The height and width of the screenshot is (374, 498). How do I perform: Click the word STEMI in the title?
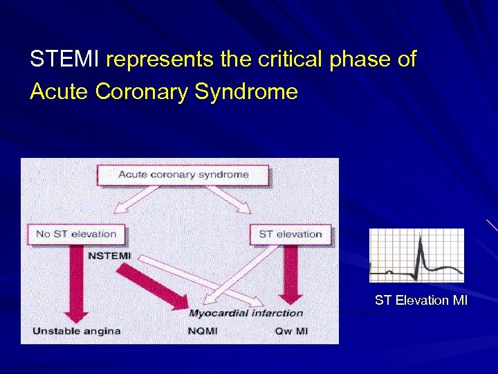[65, 60]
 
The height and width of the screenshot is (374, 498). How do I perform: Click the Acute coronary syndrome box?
[183, 175]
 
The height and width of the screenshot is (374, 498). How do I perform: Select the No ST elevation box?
[76, 234]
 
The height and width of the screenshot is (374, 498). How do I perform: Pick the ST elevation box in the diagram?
[290, 234]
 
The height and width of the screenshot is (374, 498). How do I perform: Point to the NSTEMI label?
[109, 256]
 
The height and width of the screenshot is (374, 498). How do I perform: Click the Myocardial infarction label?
[246, 313]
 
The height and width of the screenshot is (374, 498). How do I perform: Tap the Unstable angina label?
[76, 331]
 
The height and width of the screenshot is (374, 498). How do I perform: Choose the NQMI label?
[202, 331]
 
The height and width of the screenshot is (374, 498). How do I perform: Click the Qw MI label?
[291, 331]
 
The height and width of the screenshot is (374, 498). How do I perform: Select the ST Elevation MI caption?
[421, 300]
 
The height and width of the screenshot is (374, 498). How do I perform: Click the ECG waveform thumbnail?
[416, 256]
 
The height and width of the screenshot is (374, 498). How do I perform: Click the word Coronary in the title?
[142, 91]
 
